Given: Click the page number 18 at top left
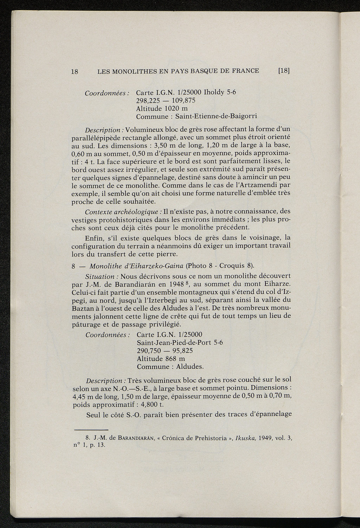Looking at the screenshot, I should [74, 71].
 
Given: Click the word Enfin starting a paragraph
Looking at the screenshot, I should [95, 238].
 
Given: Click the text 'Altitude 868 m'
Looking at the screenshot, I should [161, 359].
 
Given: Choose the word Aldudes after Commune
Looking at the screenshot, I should [190, 367].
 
